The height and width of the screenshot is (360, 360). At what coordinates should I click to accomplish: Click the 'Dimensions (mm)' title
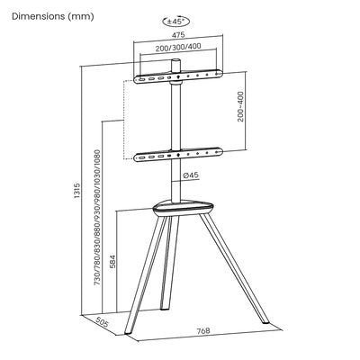[53, 16]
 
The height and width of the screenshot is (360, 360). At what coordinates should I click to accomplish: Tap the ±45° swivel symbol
[176, 22]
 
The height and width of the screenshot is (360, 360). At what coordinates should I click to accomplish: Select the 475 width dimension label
[178, 35]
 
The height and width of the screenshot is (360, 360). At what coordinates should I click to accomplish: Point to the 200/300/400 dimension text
[178, 47]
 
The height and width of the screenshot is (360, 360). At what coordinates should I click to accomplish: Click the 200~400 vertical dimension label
[240, 106]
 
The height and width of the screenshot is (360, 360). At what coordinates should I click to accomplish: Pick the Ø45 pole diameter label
[191, 175]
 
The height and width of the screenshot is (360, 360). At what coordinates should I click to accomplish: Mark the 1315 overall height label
[77, 191]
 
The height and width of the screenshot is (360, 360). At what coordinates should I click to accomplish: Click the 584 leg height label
[112, 261]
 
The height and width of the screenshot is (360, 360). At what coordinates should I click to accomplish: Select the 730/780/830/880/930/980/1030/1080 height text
[97, 217]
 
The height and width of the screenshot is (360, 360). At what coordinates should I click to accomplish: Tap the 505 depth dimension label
[102, 323]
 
